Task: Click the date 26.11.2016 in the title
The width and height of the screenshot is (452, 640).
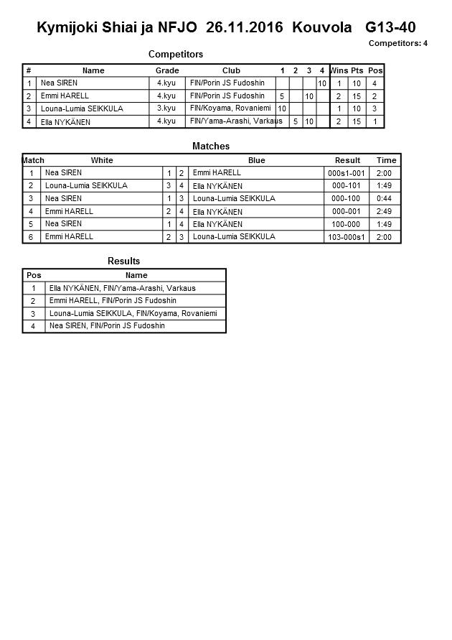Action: (x=245, y=28)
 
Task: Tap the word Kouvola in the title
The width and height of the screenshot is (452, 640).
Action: (x=322, y=28)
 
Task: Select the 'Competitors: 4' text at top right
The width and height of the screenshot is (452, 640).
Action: (x=398, y=44)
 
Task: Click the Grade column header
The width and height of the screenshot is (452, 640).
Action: (x=167, y=70)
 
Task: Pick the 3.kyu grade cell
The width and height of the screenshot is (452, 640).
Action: (x=166, y=108)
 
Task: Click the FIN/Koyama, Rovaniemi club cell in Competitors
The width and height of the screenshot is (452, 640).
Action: (x=230, y=108)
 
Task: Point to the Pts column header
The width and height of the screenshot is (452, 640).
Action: (x=357, y=70)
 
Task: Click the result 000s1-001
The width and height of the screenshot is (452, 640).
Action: (x=347, y=173)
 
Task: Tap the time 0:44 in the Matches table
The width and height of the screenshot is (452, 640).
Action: (x=384, y=198)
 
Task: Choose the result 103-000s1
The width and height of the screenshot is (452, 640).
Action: (x=347, y=237)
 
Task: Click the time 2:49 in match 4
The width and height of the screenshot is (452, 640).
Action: (x=384, y=211)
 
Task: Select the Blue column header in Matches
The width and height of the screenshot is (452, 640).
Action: (x=256, y=160)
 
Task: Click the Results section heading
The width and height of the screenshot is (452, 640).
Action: (x=124, y=261)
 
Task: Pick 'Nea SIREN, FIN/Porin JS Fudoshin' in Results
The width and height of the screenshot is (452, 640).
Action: (x=107, y=326)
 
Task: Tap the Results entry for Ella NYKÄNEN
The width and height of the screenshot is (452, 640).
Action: (x=122, y=288)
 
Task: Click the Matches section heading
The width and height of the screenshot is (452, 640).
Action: (x=211, y=146)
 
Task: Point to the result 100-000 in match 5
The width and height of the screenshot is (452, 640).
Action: (x=347, y=224)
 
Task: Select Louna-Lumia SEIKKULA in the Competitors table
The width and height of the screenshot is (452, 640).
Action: (x=82, y=108)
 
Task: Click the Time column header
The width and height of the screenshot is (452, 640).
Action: (x=386, y=160)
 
